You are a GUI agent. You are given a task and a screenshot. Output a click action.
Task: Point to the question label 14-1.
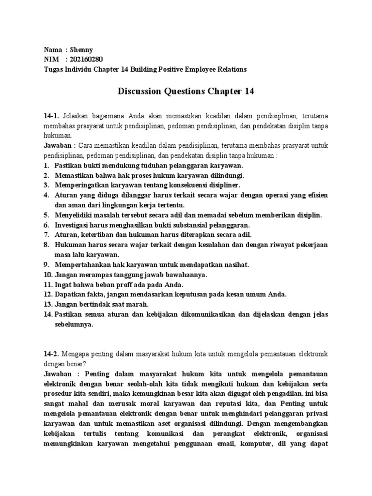51,116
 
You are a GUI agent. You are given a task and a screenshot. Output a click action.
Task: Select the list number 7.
46,234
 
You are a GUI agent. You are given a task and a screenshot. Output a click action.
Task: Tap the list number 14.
48,314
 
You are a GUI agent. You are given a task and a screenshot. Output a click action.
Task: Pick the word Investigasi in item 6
74,225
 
